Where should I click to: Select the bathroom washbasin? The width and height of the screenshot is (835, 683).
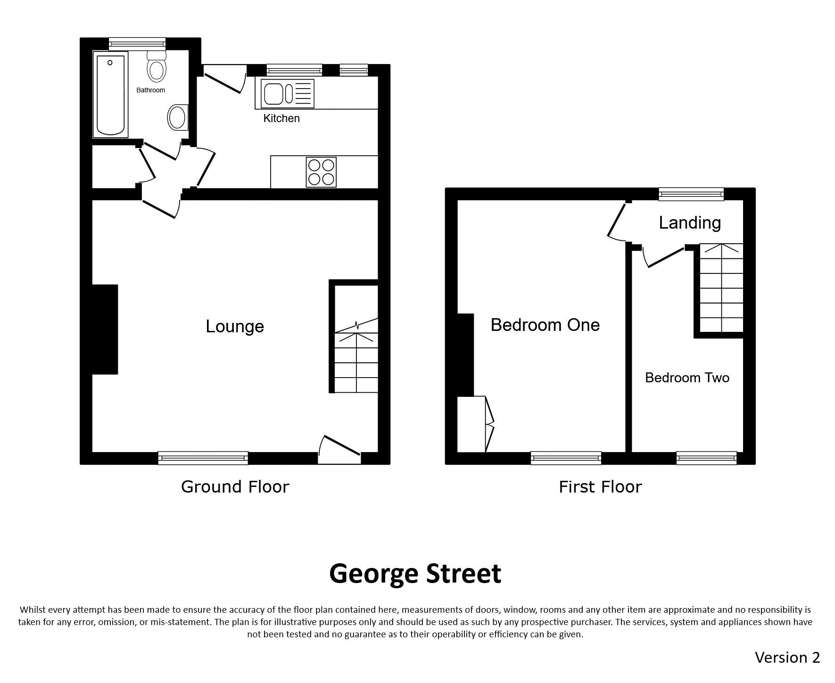[x=178, y=117]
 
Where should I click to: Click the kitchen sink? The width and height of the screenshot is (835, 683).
[x=285, y=93]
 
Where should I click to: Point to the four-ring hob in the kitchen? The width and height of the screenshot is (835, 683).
[x=321, y=172]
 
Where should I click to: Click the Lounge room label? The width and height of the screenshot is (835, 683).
[x=235, y=326]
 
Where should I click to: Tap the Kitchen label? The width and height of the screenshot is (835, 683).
[x=281, y=118]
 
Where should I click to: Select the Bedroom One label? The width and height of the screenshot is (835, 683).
[x=545, y=325]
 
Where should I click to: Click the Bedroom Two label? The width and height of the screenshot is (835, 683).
[x=687, y=378]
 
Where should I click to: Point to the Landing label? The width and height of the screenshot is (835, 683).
[x=690, y=222]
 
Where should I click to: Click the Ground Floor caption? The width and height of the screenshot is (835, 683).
[x=235, y=486]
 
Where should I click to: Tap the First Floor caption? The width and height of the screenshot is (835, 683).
[x=600, y=486]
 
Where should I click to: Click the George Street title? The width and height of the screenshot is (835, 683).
[x=415, y=574]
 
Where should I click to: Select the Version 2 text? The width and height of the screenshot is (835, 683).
[x=787, y=657]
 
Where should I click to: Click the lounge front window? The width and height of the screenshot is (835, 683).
[x=203, y=458]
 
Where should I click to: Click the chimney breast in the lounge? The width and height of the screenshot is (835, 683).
[x=105, y=329]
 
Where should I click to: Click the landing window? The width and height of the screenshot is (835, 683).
[x=691, y=194]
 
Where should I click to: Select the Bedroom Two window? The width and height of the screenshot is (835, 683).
[x=706, y=458]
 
